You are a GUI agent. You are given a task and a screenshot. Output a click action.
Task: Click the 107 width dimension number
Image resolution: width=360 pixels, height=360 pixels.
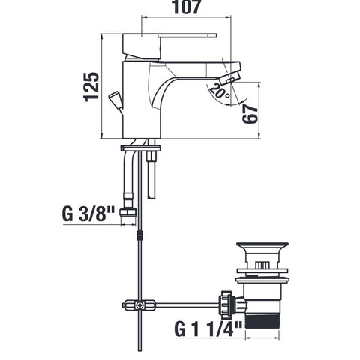point(187,7)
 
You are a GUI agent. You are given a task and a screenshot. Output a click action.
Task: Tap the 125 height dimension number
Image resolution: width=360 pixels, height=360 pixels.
point(91,87)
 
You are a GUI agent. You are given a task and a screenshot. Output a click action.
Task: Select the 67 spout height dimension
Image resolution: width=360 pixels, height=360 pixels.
point(250,114)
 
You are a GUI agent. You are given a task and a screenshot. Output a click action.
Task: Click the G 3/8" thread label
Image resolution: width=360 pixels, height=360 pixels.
point(88,214)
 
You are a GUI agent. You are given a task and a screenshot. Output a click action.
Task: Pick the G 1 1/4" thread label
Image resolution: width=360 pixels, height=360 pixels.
point(208,328)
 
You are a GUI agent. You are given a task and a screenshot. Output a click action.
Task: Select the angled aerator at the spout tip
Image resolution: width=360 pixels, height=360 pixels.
point(229,78)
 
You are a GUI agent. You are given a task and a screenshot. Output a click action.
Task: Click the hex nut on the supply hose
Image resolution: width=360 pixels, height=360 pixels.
point(128,212)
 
